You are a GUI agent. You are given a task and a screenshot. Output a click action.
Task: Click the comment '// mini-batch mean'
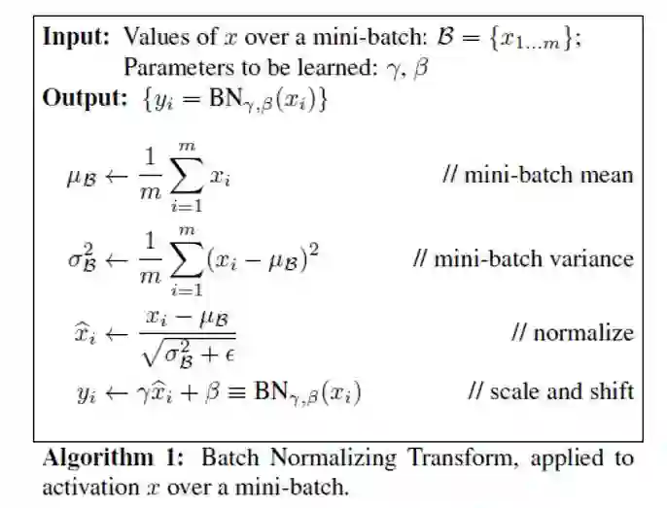pos(537,176)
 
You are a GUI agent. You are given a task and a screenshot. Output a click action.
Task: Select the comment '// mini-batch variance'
pos(522,259)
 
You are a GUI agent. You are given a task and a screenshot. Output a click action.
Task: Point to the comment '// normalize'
pos(573,333)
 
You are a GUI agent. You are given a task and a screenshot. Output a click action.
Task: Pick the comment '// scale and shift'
pos(550,390)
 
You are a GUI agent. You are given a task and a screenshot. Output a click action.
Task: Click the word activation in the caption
pos(83,485)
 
